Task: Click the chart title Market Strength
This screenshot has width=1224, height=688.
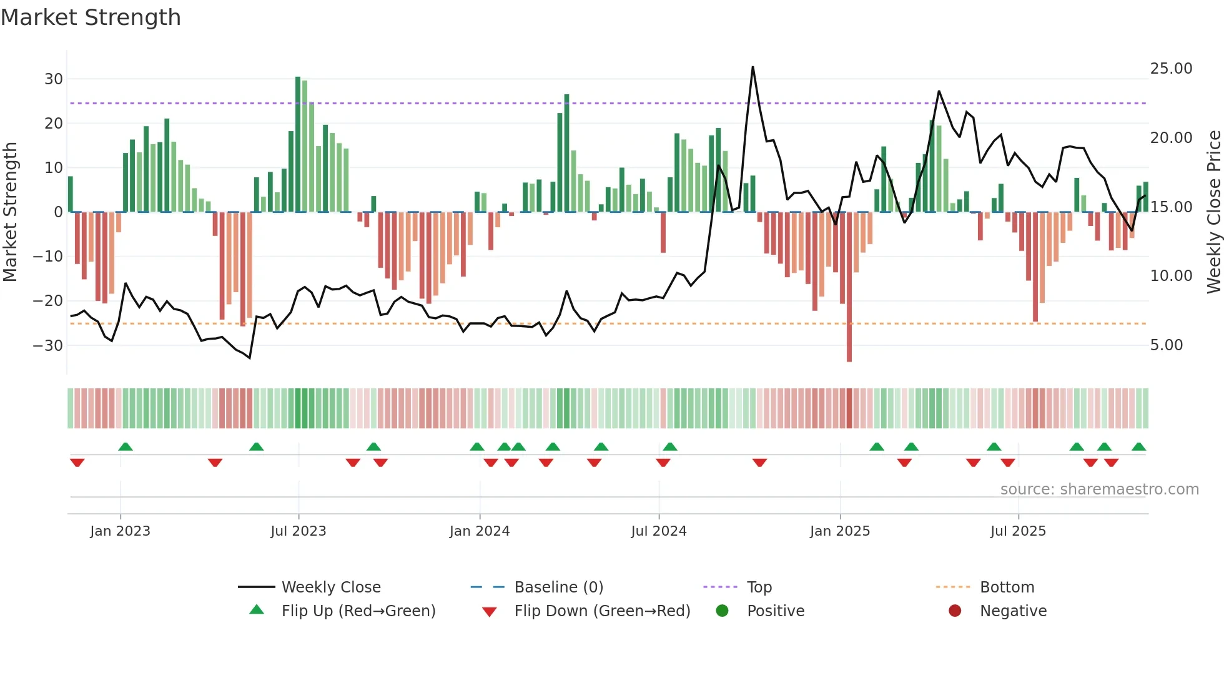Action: pyautogui.click(x=91, y=17)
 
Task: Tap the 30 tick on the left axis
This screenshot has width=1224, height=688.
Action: pyautogui.click(x=54, y=79)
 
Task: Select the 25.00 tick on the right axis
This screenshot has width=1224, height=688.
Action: pyautogui.click(x=1171, y=69)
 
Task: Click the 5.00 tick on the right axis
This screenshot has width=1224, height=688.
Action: pyautogui.click(x=1167, y=345)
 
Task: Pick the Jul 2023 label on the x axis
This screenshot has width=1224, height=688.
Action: pyautogui.click(x=298, y=531)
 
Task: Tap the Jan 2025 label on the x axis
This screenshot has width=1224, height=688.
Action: pyautogui.click(x=839, y=531)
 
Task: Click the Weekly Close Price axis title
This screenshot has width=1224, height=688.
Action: pyautogui.click(x=1213, y=212)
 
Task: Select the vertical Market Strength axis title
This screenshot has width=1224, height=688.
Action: pyautogui.click(x=10, y=212)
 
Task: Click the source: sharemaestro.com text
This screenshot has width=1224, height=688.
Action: pyautogui.click(x=1099, y=489)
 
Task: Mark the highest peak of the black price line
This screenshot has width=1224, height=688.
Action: pyautogui.click(x=753, y=67)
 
